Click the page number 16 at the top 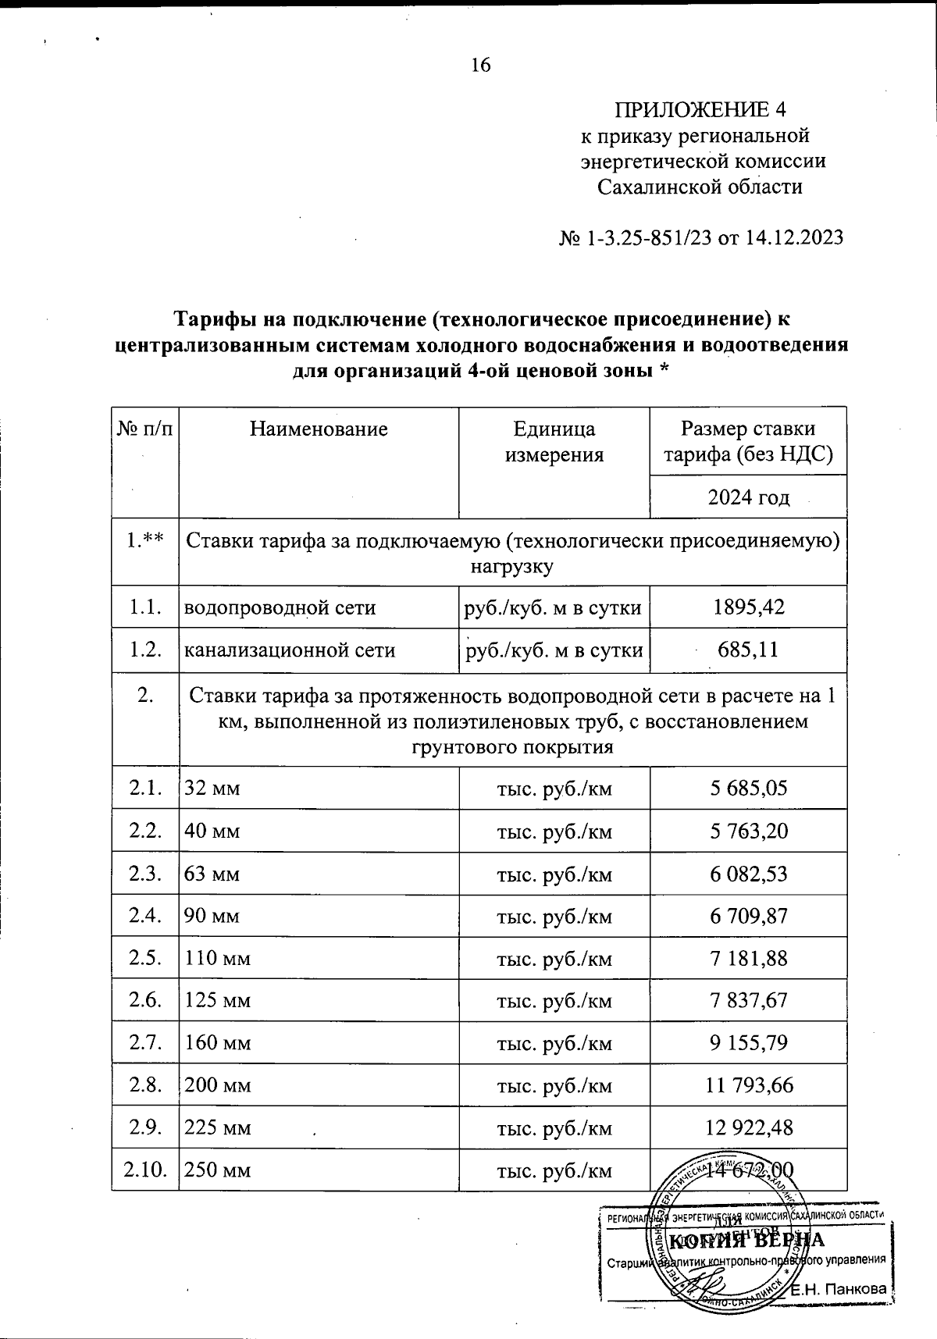[x=480, y=65]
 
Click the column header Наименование [x=319, y=429]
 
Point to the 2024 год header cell [x=748, y=497]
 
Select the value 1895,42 [x=748, y=607]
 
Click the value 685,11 [x=748, y=650]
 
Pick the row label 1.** [x=145, y=540]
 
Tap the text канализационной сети [x=289, y=650]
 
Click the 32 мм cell [x=212, y=789]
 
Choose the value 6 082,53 [x=748, y=874]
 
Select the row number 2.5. [x=145, y=958]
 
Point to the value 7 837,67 [x=748, y=1000]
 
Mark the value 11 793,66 [x=748, y=1085]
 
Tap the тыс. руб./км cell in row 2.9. [x=554, y=1128]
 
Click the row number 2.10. [x=145, y=1170]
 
